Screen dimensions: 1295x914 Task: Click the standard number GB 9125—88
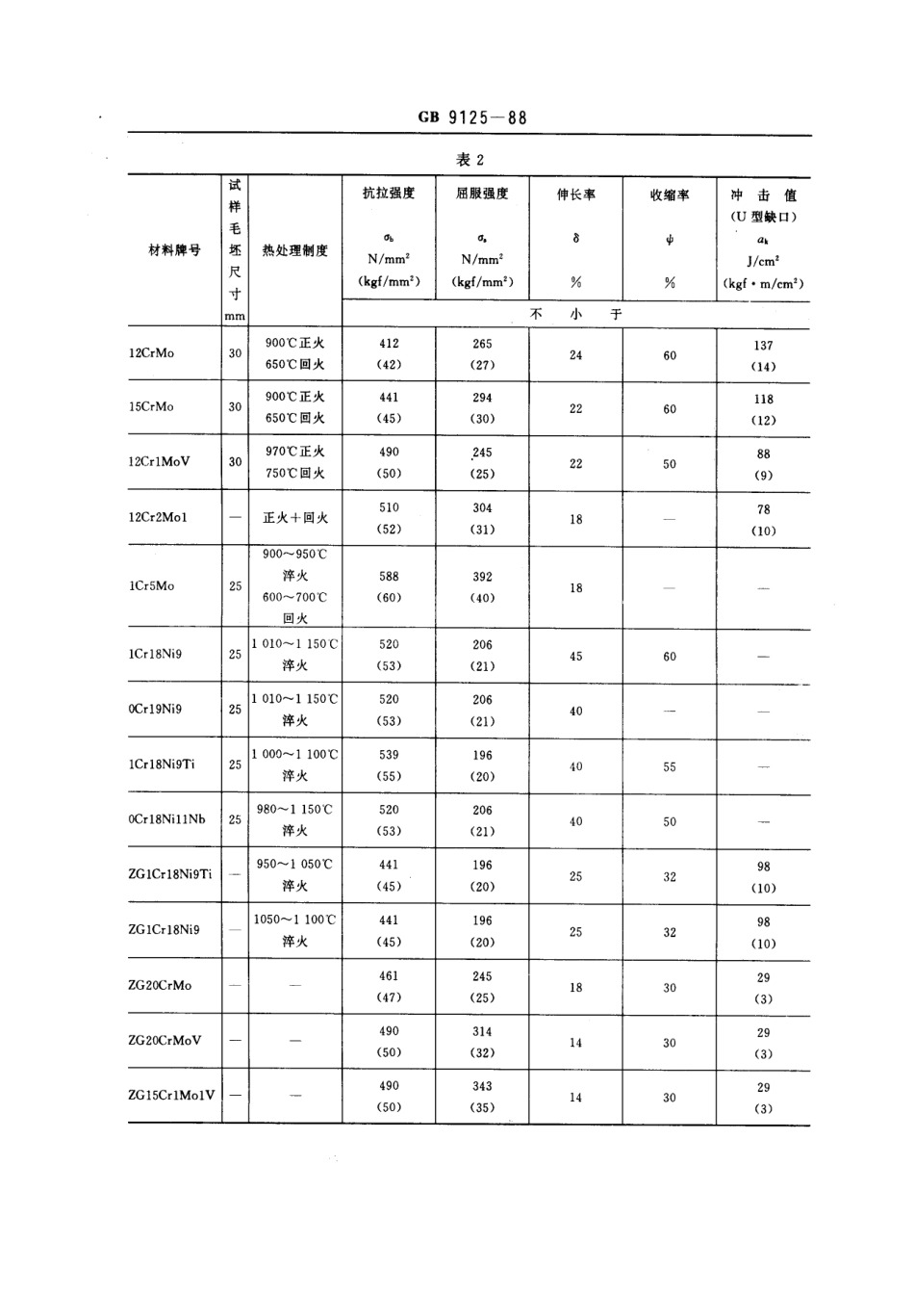click(472, 118)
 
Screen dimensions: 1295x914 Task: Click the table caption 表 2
click(470, 160)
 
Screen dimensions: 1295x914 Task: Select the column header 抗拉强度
click(389, 194)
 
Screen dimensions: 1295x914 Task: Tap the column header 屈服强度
click(482, 194)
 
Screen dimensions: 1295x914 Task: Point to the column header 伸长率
click(575, 194)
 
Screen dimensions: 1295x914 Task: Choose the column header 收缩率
click(670, 194)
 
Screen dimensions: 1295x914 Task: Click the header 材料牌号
click(174, 249)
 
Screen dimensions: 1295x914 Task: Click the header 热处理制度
click(295, 250)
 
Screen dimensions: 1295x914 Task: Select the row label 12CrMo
click(151, 353)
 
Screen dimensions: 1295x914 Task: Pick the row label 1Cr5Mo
click(151, 585)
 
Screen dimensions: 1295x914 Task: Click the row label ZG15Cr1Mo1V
click(171, 1095)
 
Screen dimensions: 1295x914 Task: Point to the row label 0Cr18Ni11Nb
click(166, 819)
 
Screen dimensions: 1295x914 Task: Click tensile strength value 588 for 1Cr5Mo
click(389, 577)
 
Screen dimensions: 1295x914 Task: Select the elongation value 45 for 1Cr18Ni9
click(575, 657)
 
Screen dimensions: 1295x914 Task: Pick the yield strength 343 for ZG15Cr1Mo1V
click(482, 1086)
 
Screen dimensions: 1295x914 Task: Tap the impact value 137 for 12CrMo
click(763, 346)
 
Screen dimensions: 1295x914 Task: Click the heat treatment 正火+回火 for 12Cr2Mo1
click(295, 518)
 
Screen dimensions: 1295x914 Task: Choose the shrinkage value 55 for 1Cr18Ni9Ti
click(670, 767)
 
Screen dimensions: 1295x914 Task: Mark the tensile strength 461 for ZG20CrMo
click(389, 976)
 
